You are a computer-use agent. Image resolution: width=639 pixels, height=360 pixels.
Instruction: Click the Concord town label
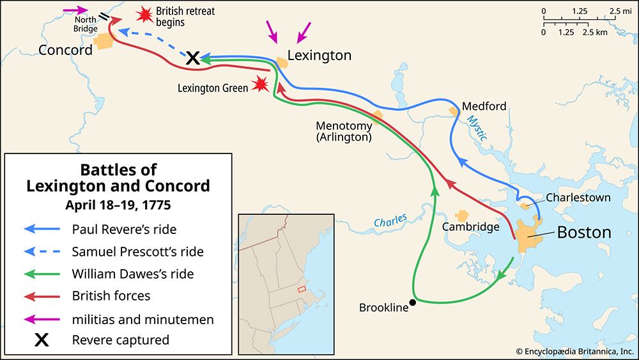[66, 50]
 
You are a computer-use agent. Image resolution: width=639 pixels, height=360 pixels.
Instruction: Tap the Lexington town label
[319, 56]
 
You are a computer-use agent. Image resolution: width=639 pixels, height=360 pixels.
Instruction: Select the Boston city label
[584, 232]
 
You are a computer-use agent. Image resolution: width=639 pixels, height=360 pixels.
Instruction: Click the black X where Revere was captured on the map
[192, 58]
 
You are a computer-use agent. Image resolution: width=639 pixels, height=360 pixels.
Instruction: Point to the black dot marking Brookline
[413, 302]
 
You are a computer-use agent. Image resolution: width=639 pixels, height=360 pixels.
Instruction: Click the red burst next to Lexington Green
[260, 84]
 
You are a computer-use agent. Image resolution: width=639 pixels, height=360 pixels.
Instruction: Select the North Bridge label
[86, 24]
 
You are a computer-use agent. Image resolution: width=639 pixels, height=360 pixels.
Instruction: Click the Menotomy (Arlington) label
[343, 131]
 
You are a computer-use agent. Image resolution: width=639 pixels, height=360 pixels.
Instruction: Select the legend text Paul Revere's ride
[124, 229]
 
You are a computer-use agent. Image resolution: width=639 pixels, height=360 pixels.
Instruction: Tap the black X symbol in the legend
[42, 340]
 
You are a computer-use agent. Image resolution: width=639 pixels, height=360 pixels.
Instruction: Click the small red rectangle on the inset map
[302, 289]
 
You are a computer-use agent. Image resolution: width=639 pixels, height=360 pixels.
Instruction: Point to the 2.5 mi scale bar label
[618, 11]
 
